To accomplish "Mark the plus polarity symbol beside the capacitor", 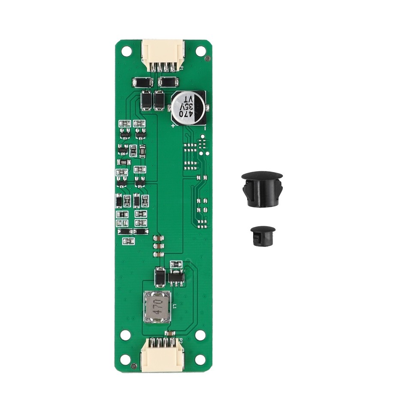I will click(173, 126).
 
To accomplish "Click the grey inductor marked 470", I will click(157, 307).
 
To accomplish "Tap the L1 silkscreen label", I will click(175, 305).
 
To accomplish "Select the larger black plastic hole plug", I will click(262, 189).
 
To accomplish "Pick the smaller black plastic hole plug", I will click(263, 236).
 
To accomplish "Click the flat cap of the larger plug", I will click(262, 175).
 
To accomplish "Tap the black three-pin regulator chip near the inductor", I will click(176, 278).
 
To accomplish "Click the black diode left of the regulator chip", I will click(159, 277).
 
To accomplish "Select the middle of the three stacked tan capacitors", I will click(158, 246).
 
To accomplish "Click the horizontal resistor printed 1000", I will click(124, 162).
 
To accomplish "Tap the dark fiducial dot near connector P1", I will click(208, 58).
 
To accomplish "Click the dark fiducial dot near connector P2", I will click(134, 366).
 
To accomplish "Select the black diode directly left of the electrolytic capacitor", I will click(159, 101).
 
